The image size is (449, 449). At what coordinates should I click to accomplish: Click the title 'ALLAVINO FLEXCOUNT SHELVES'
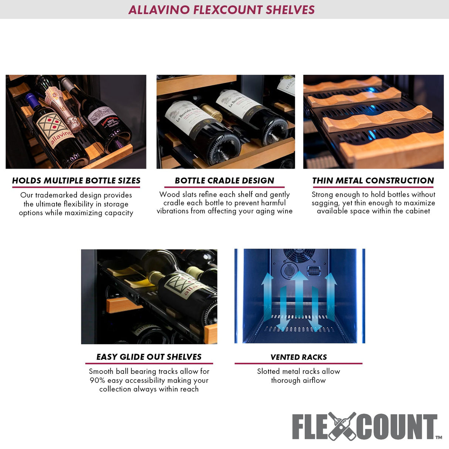click(x=222, y=10)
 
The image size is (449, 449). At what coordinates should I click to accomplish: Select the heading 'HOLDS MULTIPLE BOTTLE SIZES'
click(x=76, y=180)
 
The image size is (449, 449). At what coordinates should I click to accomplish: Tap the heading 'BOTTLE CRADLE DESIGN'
click(x=224, y=180)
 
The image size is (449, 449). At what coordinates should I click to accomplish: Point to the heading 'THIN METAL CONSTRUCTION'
click(x=373, y=180)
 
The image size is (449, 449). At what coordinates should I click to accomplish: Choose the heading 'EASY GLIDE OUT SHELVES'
click(x=149, y=357)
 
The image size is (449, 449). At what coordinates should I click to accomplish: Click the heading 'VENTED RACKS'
click(x=298, y=357)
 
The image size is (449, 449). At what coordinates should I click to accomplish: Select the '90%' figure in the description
click(x=97, y=381)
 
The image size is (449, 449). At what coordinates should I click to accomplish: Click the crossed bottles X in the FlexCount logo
click(x=342, y=426)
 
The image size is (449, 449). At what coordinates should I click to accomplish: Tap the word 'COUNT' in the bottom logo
click(x=396, y=427)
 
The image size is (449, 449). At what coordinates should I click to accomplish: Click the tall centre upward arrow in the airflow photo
click(x=299, y=292)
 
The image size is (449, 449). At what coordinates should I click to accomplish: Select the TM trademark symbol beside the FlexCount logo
click(x=439, y=437)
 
